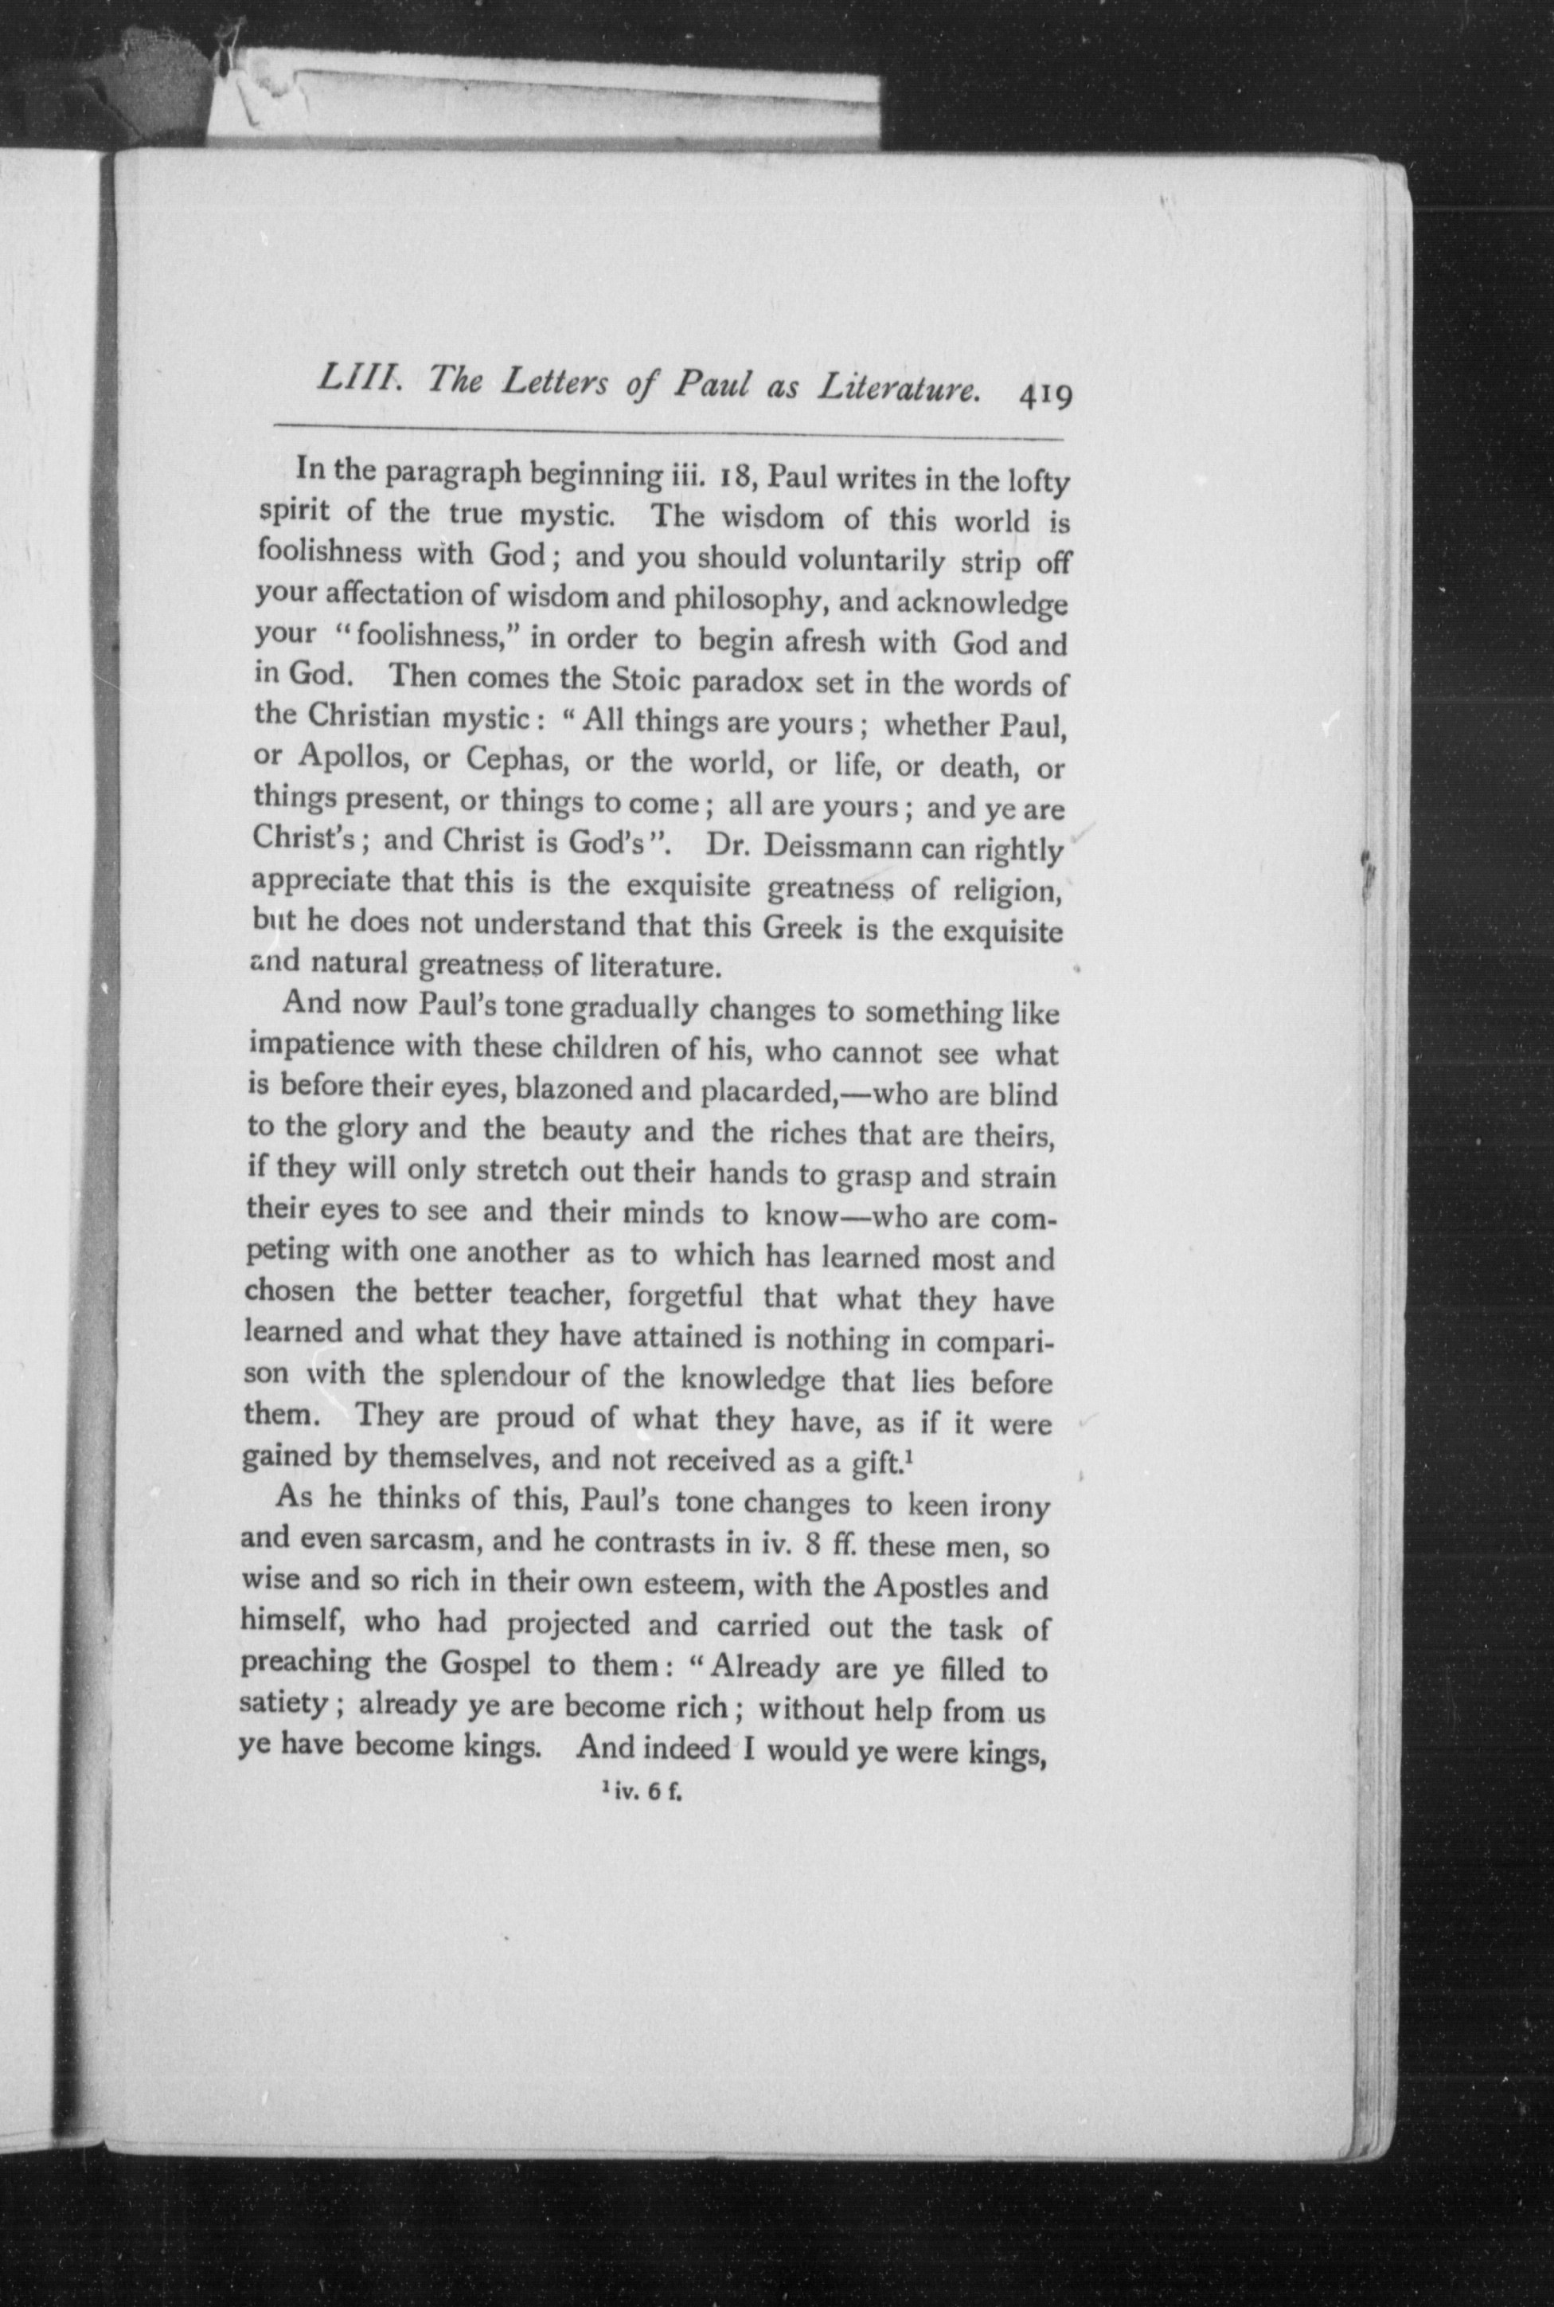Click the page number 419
[1044, 397]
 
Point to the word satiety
[283, 1703]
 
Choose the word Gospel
[470, 1663]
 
